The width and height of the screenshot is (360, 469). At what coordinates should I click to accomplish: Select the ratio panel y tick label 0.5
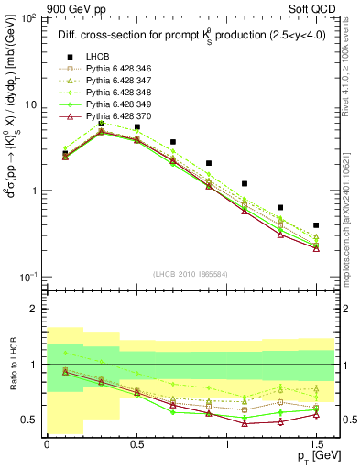point(28,420)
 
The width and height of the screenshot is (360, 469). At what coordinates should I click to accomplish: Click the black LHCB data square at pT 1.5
point(316,225)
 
